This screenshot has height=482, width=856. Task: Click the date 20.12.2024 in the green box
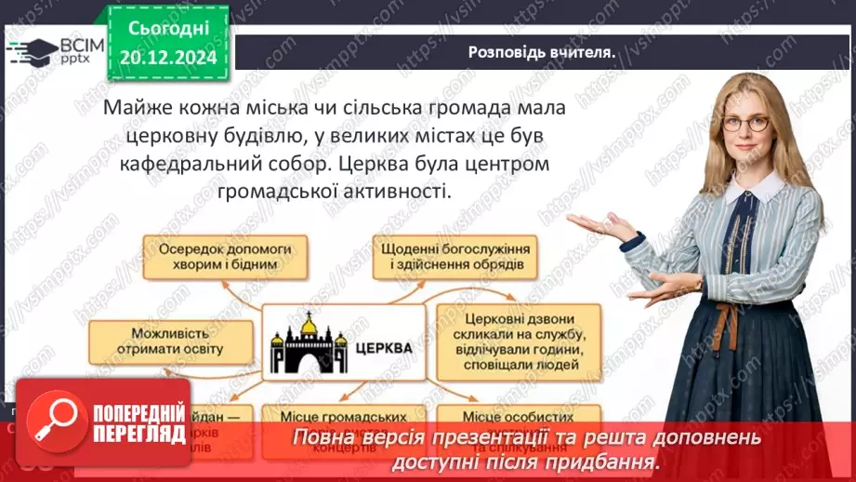(169, 57)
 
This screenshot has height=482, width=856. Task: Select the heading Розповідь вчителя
(543, 52)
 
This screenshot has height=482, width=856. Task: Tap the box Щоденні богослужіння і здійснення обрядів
(455, 258)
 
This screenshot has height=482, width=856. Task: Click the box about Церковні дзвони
(513, 341)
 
